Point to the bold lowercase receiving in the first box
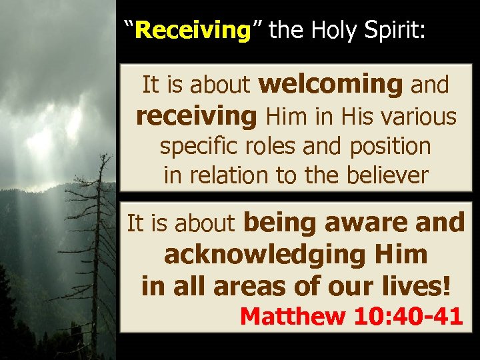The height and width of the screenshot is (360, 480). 196,117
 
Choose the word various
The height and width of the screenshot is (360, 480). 418,117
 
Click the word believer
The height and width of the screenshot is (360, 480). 386,175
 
